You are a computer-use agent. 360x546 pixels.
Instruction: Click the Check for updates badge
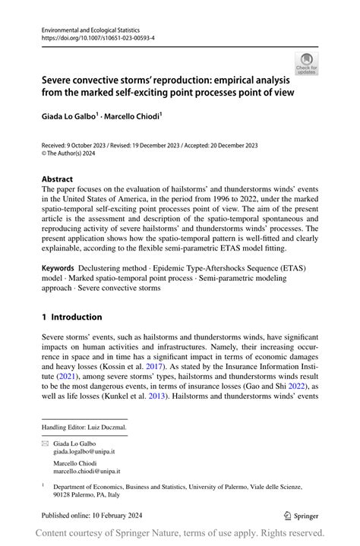[x=308, y=63]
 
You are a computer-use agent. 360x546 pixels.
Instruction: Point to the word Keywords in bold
[x=58, y=268]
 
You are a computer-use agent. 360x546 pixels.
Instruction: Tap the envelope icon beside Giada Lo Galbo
[x=45, y=441]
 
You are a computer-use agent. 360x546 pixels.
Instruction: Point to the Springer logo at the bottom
[x=301, y=515]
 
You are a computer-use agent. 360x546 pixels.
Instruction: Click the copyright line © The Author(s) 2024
[x=73, y=153]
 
